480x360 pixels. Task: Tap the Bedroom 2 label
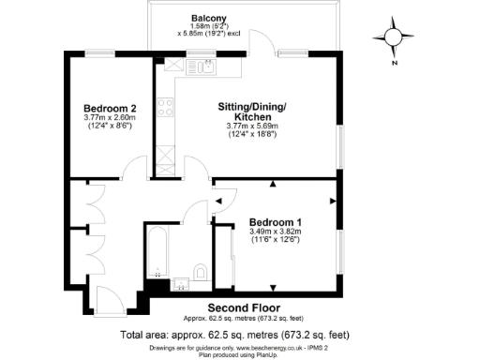click(x=110, y=107)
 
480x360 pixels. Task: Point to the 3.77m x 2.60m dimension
click(x=110, y=117)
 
